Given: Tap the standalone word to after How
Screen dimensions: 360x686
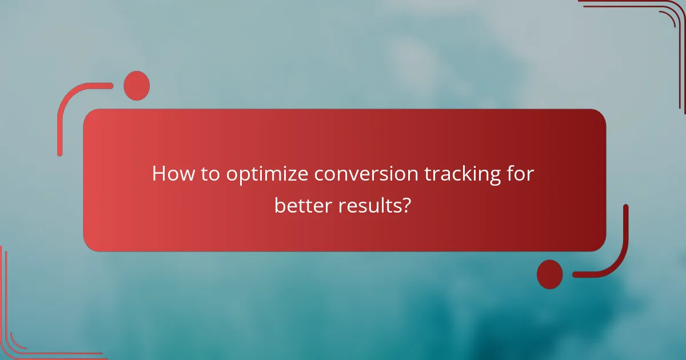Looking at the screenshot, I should click(209, 174).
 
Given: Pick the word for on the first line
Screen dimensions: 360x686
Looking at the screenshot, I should click(521, 174).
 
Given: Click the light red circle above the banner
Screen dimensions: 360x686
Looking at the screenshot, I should click(137, 86).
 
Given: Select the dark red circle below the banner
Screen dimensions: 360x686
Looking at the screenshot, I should click(550, 274).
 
